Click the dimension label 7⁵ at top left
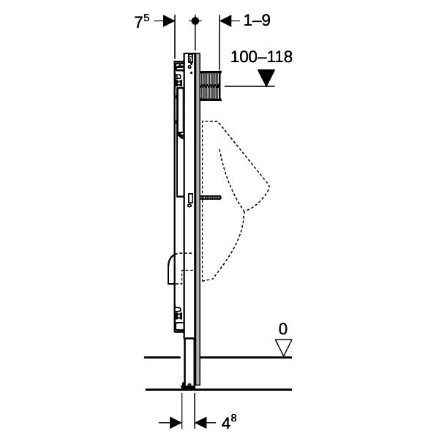click(142, 21)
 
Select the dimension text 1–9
click(257, 20)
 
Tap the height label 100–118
click(261, 57)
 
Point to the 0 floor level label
click(282, 329)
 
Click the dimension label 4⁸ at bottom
click(229, 421)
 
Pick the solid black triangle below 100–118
click(266, 78)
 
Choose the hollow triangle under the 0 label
click(284, 348)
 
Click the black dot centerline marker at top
click(195, 20)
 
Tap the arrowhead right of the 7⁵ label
click(169, 20)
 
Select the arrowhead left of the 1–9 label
click(225, 20)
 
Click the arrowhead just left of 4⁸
click(200, 423)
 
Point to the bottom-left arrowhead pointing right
click(176, 423)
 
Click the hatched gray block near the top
click(211, 86)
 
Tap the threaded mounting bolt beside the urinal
click(211, 198)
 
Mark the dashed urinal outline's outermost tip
click(269, 187)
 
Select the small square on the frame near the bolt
click(191, 198)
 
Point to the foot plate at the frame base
click(188, 387)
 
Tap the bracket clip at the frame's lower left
click(178, 313)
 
